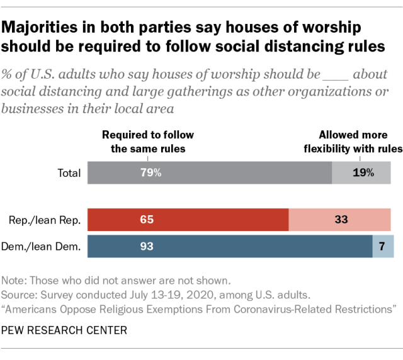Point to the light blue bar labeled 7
click(383, 246)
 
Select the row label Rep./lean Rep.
click(44, 220)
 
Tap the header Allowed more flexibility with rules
click(360, 142)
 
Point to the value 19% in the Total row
click(363, 172)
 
